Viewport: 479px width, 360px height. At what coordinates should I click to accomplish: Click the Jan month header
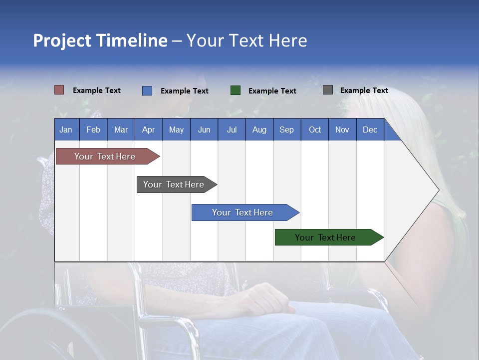click(66, 130)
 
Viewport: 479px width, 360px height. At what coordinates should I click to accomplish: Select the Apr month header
click(148, 130)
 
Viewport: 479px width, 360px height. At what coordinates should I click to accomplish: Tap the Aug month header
click(259, 130)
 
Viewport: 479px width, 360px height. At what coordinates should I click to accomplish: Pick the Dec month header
click(370, 130)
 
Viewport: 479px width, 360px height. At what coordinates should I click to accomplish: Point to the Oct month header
click(315, 130)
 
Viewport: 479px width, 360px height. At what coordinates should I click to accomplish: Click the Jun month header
click(204, 130)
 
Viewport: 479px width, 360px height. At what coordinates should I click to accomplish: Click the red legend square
click(59, 90)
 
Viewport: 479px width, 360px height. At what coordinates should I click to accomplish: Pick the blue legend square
click(147, 90)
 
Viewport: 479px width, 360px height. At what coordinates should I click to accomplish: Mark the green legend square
click(236, 90)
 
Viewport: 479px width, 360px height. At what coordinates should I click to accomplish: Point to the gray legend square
click(328, 90)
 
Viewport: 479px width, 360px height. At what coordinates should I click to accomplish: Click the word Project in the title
click(62, 40)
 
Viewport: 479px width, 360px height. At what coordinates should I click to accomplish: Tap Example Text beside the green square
click(272, 91)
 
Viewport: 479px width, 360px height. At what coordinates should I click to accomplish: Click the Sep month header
click(286, 130)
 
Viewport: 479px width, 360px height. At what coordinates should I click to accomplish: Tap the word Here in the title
click(288, 40)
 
